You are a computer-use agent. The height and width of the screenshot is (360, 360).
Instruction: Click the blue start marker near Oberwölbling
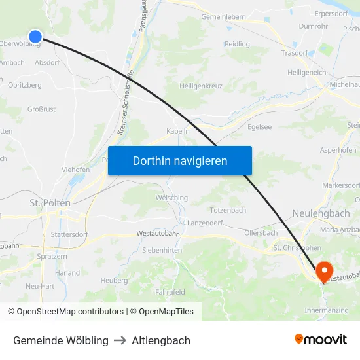point(35,37)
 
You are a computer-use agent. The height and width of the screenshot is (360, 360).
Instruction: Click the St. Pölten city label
point(50,203)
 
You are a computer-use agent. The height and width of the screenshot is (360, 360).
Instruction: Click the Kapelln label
point(178,131)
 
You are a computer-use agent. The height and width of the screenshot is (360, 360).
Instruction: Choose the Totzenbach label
point(228,210)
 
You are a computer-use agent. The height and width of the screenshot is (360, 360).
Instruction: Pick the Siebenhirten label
point(162,250)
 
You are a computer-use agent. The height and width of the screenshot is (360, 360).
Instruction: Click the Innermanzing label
point(327,310)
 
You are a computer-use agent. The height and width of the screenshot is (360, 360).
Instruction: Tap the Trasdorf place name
point(295,53)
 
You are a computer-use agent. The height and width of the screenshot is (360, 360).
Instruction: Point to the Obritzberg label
point(25,85)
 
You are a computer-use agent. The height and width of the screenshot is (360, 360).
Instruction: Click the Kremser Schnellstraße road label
point(125,103)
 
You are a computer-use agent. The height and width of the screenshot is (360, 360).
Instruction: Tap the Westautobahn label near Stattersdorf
point(158,233)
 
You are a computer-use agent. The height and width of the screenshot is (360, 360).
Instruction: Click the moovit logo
point(320,339)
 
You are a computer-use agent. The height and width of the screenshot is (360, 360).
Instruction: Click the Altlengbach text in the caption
point(161,340)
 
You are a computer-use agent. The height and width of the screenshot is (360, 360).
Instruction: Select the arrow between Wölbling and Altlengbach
point(120,340)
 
